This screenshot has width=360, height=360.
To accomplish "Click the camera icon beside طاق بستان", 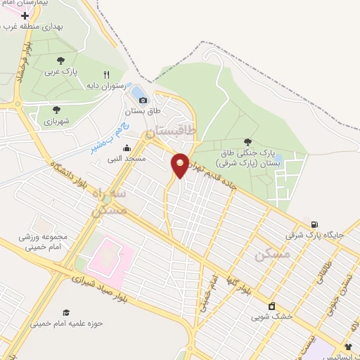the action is (143, 101).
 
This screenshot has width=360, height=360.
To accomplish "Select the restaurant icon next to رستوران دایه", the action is (107, 75).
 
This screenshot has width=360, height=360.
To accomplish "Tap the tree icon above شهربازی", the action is (57, 110).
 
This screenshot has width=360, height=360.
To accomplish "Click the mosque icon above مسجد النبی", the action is (127, 148).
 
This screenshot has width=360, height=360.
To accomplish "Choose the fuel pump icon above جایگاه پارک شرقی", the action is (314, 224).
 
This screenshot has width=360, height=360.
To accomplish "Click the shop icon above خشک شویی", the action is (271, 306).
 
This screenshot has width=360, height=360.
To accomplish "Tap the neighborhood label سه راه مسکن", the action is (110, 201).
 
